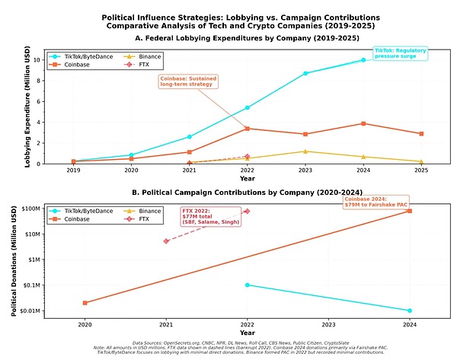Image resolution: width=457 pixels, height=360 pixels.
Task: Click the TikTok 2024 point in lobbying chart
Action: click(363, 59)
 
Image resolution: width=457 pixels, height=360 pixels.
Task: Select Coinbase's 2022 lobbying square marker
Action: click(247, 128)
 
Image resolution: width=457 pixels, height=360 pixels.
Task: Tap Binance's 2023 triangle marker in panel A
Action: click(305, 151)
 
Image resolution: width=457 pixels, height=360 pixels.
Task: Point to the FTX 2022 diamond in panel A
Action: click(247, 156)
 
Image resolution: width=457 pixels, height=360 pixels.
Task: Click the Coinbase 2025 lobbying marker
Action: click(421, 133)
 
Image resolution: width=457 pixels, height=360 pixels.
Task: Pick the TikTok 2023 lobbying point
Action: click(305, 73)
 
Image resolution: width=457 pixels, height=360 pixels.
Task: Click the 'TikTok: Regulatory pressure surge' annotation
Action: click(400, 53)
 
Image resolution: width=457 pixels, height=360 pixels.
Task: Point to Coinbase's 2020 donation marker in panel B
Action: click(85, 303)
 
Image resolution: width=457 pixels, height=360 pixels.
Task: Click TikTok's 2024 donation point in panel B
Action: click(410, 311)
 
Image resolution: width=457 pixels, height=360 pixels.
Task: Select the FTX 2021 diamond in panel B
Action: click(166, 241)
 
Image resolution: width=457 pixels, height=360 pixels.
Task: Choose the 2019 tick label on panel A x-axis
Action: click(73, 171)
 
